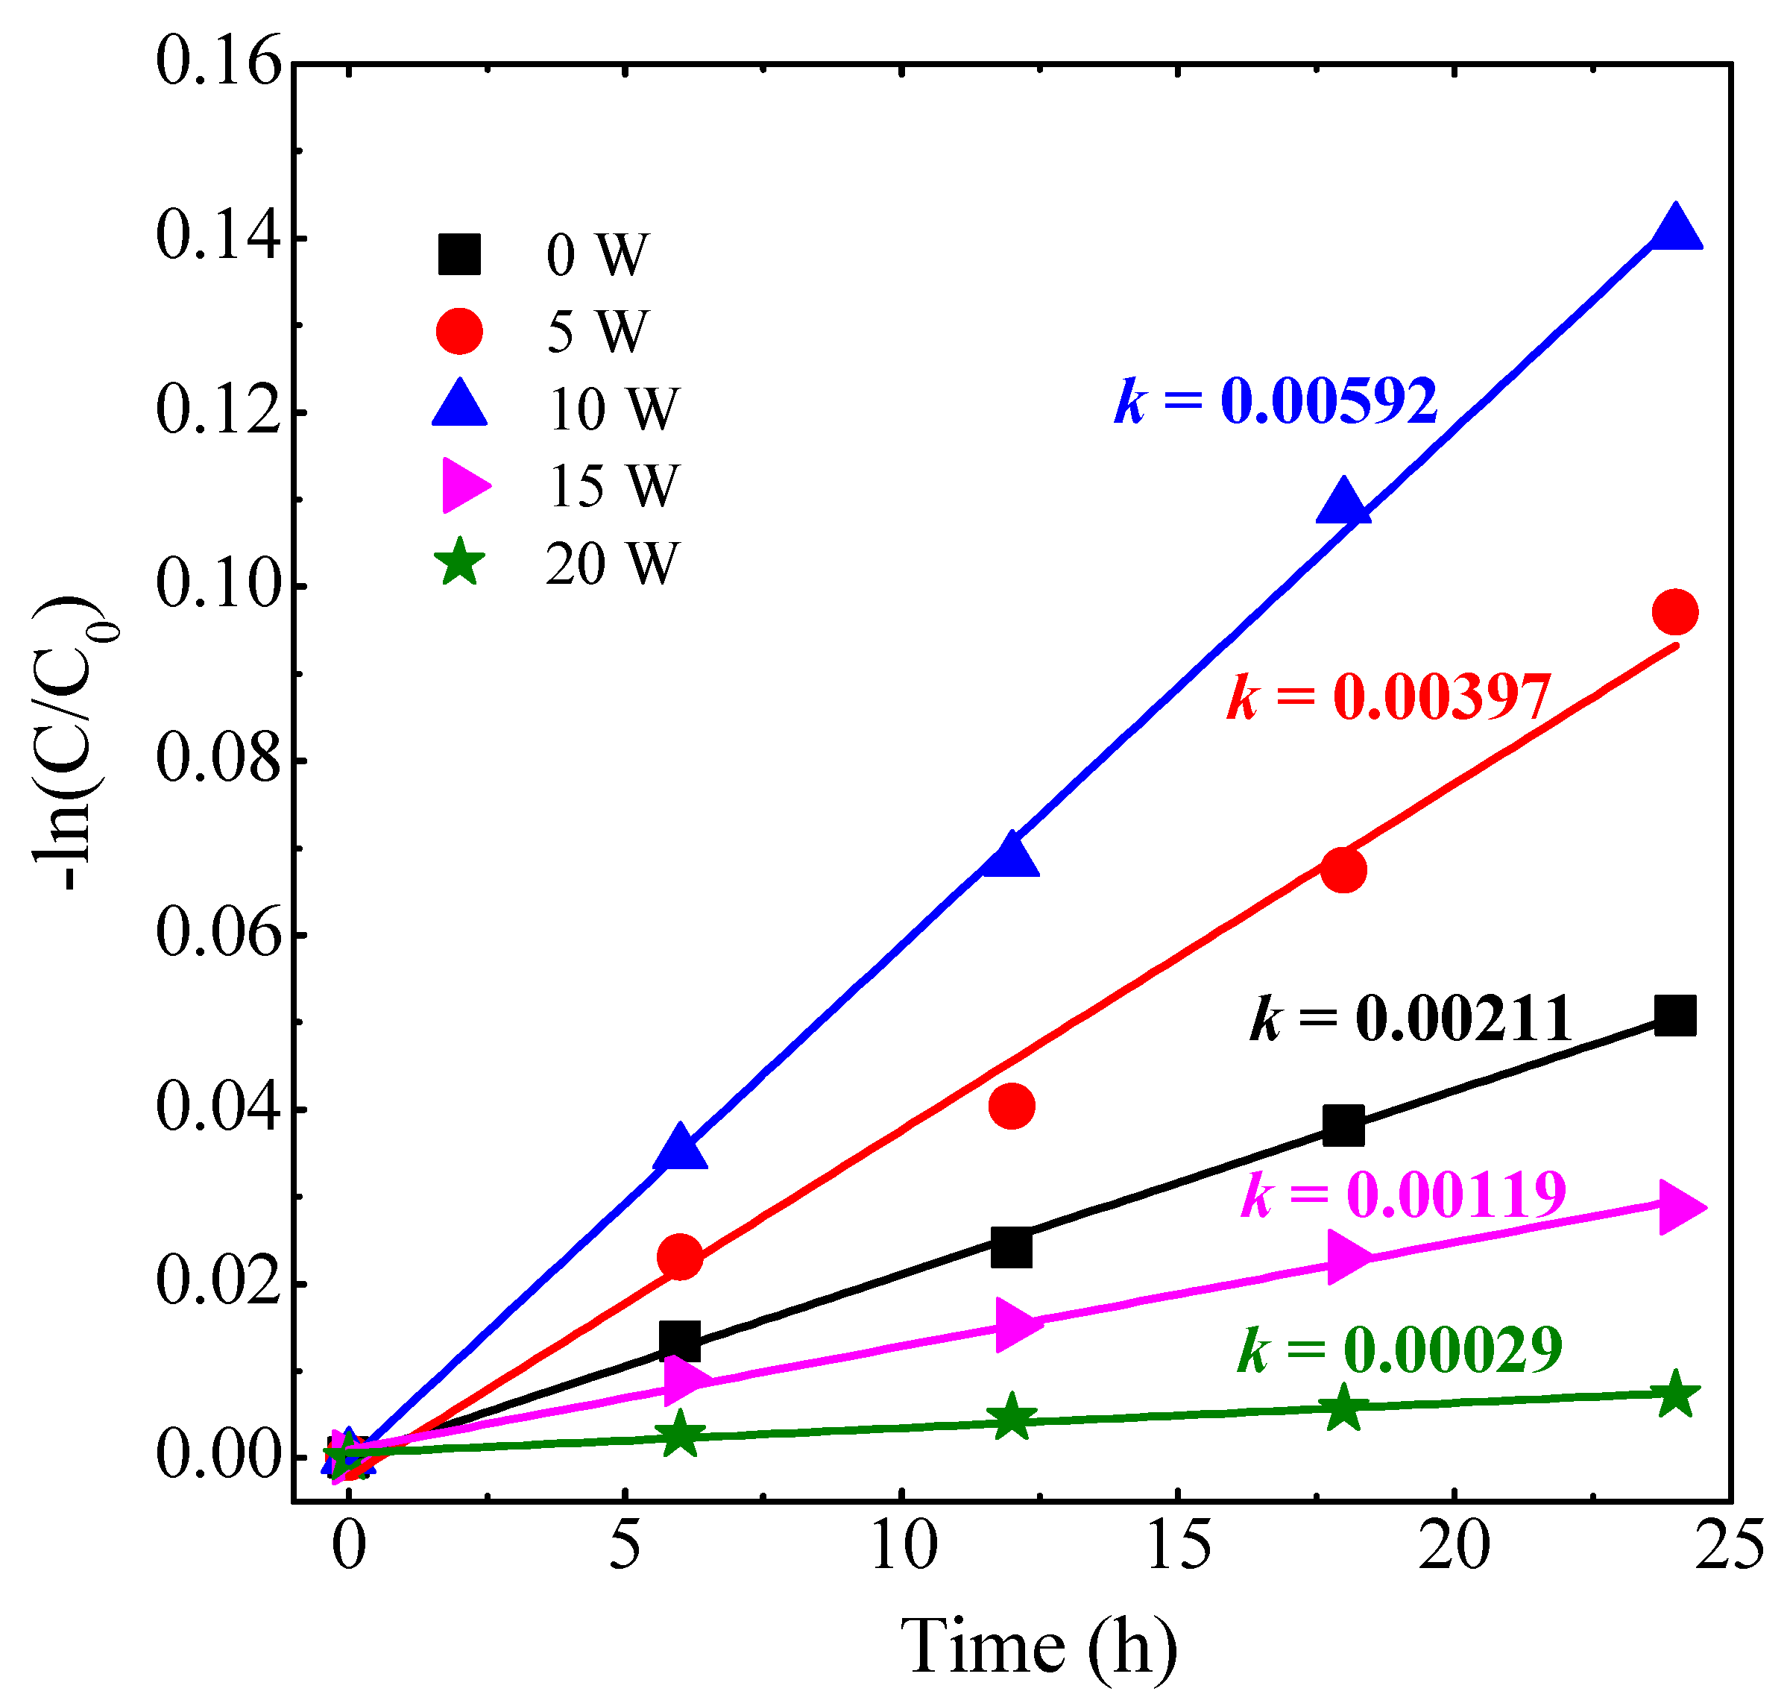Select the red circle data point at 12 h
click(1011, 1106)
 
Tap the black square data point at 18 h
click(1343, 1126)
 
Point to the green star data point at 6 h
click(679, 1436)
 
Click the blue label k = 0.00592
click(1276, 400)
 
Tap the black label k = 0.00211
click(1411, 1019)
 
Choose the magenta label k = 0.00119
click(1404, 1195)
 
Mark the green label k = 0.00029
click(1401, 1350)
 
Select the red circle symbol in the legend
click(459, 331)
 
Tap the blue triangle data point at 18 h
click(1343, 502)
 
